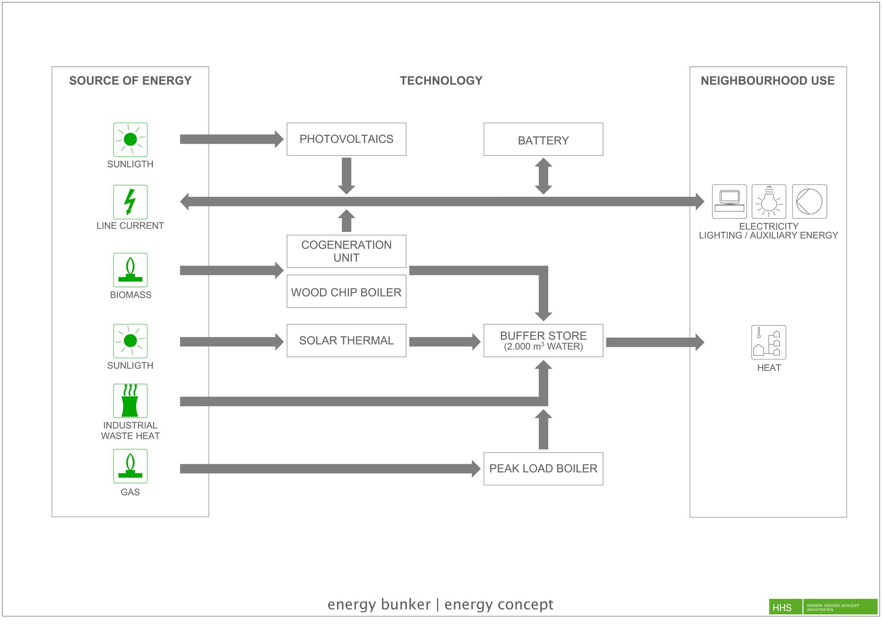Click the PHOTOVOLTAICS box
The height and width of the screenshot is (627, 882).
pos(346,139)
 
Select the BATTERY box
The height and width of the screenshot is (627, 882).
pos(543,139)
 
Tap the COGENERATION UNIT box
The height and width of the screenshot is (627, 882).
pos(346,251)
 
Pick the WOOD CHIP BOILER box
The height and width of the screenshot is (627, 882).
pos(346,291)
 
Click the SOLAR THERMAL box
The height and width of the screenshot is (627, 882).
pos(346,341)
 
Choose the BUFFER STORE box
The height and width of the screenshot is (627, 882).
pos(543,341)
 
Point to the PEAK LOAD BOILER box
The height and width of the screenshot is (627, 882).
pos(543,469)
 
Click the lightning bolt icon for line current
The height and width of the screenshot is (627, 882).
pos(130,202)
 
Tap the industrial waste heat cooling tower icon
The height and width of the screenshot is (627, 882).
pos(130,401)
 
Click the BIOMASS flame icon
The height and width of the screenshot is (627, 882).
pos(130,270)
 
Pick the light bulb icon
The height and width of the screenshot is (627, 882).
pos(769,201)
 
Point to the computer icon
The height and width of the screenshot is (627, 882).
pos(729,201)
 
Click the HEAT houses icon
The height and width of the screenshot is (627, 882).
pos(769,342)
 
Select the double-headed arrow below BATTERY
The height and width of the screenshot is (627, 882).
pos(543,176)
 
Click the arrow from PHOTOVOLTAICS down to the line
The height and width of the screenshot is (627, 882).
pos(346,176)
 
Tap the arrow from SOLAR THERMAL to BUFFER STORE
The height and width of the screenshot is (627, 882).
pos(445,342)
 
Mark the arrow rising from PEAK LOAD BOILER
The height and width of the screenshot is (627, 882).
pos(543,429)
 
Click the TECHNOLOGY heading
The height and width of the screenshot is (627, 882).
pos(441,81)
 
